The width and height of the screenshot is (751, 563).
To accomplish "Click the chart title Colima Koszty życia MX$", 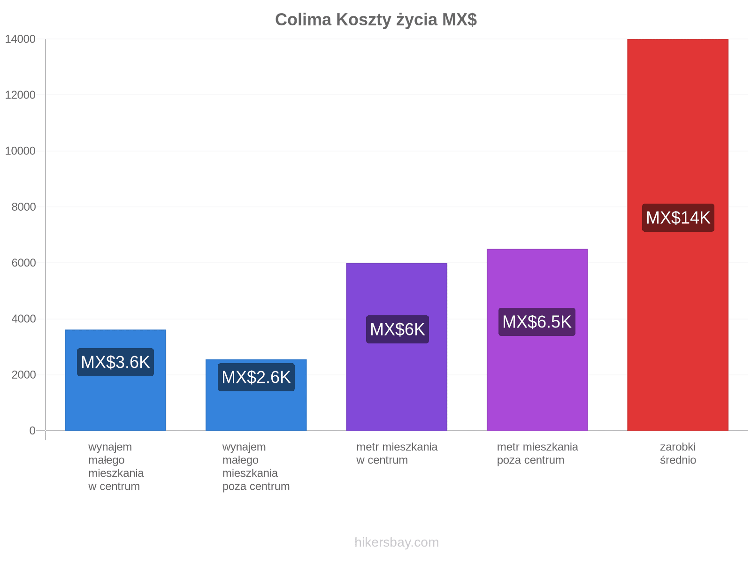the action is (x=375, y=20).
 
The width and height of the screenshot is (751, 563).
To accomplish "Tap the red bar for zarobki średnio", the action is (x=677, y=235).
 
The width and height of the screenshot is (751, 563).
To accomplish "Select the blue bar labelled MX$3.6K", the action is (x=115, y=380).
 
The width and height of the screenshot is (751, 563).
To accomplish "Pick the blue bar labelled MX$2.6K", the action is (x=256, y=395).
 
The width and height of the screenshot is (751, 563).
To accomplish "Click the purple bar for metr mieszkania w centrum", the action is (x=397, y=347).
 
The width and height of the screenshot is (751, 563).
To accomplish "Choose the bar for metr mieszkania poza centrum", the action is (x=537, y=339).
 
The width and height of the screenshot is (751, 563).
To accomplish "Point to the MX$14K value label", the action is (x=678, y=218).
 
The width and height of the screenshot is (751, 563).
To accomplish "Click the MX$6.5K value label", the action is (x=537, y=322).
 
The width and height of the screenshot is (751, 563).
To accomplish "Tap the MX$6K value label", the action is (x=397, y=329).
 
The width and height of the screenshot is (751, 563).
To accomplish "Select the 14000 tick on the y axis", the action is (x=20, y=39).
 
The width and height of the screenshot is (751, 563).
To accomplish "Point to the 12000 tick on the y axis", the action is (x=20, y=95).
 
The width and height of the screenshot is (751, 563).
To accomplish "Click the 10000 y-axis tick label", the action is (x=20, y=151).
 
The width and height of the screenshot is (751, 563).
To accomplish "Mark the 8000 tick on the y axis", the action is (x=23, y=207).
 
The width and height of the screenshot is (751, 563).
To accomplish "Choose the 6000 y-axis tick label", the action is (x=23, y=263).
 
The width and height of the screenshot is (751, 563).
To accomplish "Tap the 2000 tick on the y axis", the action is (x=23, y=375).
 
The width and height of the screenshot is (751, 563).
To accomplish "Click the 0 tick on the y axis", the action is (x=32, y=430).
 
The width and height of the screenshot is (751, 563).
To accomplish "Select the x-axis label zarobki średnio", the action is (x=678, y=453).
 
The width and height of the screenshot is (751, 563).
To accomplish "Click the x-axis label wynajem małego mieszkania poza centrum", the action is (x=256, y=466).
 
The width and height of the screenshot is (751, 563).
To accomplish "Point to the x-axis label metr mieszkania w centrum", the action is (x=397, y=453).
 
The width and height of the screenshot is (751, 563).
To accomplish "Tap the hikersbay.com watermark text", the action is (x=397, y=542).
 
